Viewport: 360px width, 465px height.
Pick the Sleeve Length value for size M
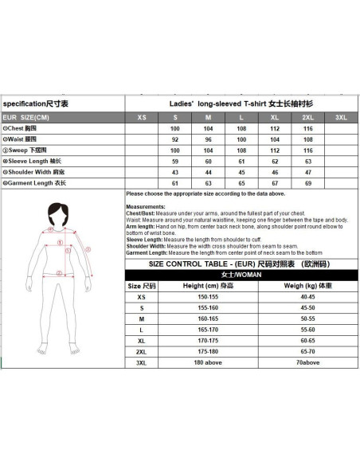click(208, 161)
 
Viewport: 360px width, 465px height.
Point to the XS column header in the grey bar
click(142, 116)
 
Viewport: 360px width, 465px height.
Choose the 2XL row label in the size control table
click(141, 351)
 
